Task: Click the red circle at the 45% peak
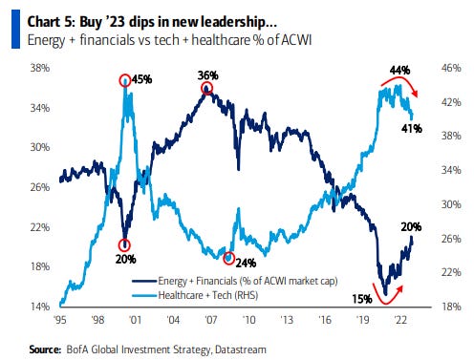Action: (x=125, y=81)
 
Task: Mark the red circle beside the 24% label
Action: (x=228, y=258)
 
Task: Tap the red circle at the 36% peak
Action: (x=206, y=89)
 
